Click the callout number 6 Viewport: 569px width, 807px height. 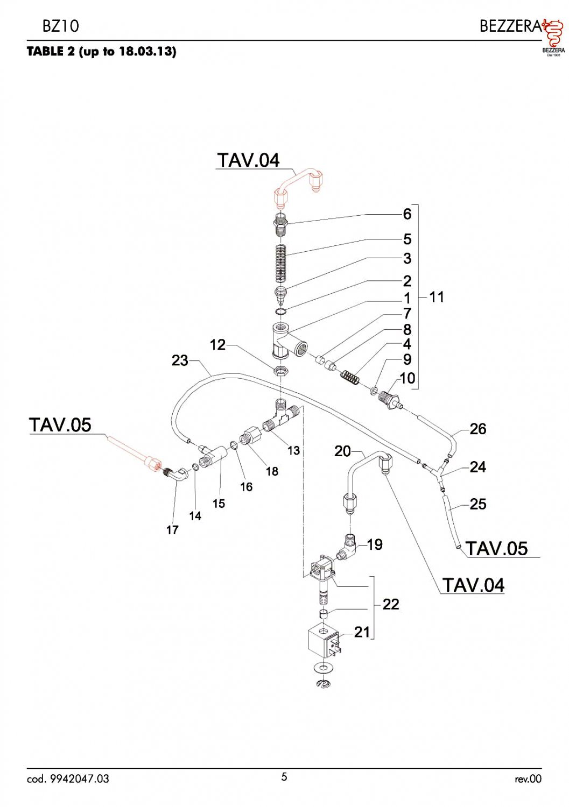coord(407,214)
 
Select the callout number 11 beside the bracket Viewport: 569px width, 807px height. coord(437,297)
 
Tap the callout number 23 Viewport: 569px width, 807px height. coord(180,360)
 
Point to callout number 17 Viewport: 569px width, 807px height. coord(172,529)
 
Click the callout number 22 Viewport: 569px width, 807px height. coord(391,604)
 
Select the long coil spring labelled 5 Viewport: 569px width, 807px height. coord(280,264)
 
